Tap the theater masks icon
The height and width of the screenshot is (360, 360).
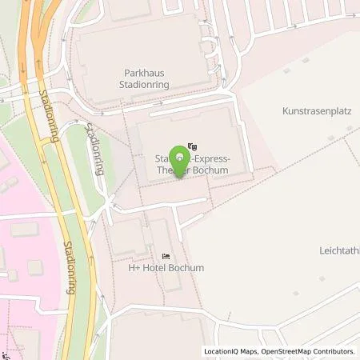click(x=191, y=147)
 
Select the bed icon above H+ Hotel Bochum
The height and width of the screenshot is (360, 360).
click(x=166, y=255)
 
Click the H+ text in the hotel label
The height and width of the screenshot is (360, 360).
click(x=135, y=267)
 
